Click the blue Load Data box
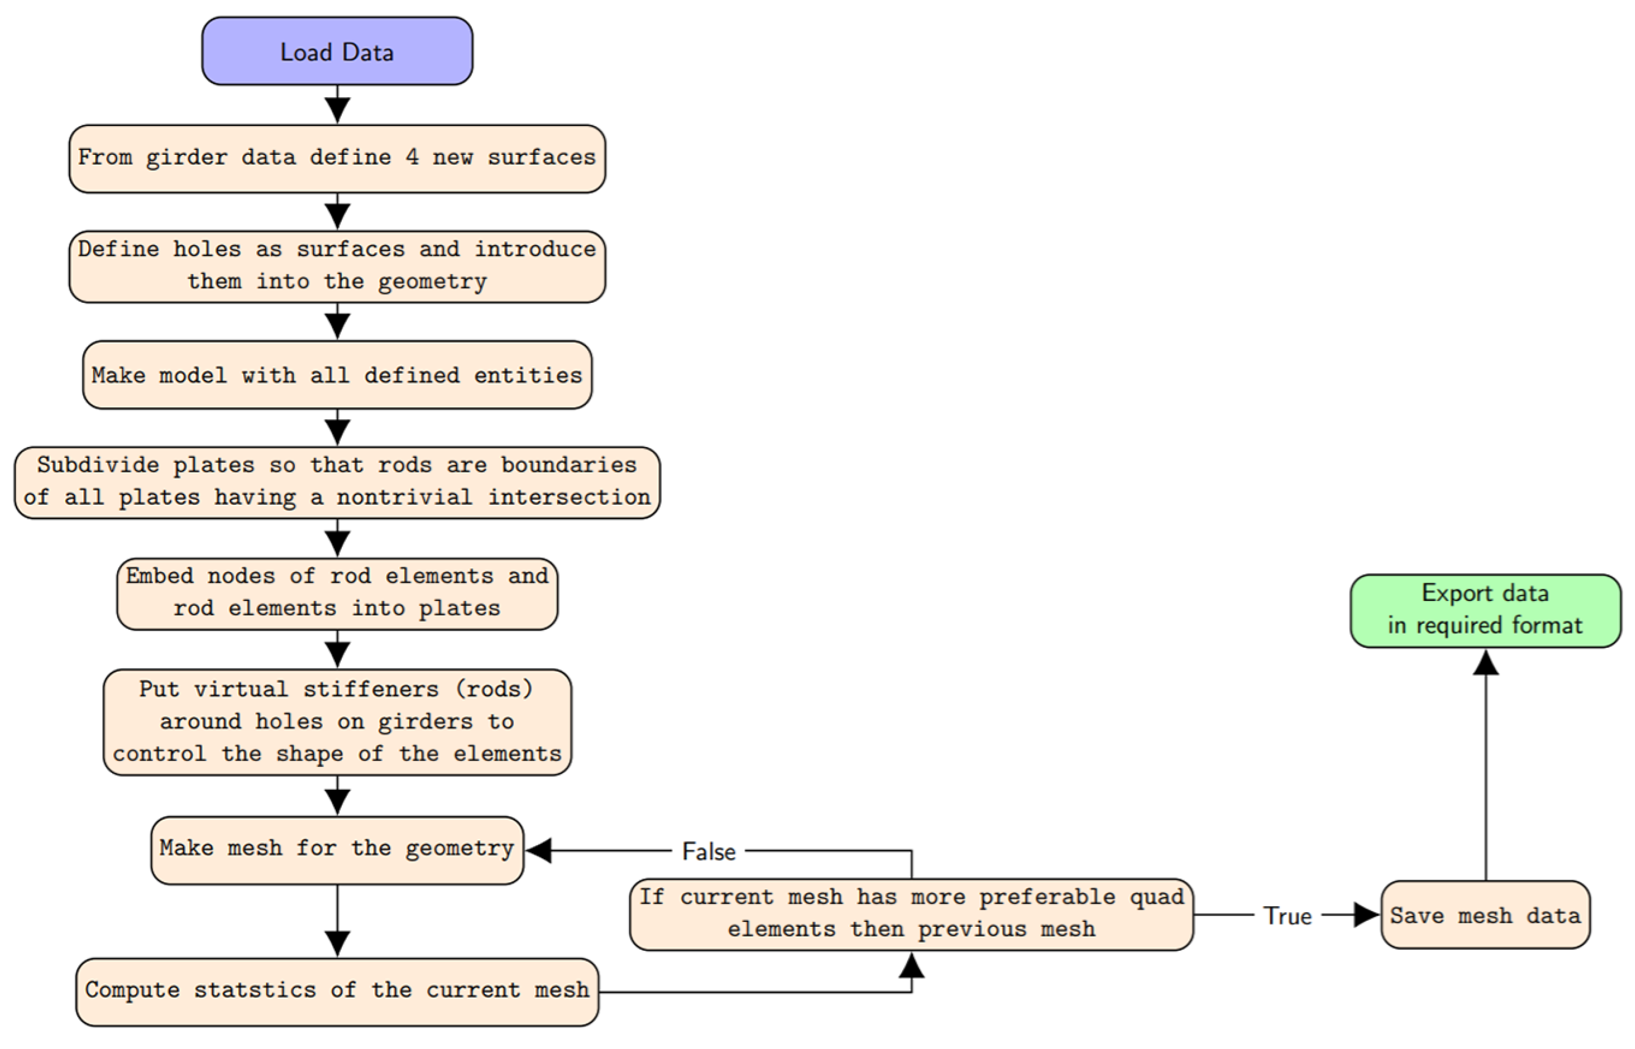point(337,52)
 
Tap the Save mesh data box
point(1485,915)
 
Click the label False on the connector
point(708,851)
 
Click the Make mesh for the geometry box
point(337,850)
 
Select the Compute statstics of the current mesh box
point(337,991)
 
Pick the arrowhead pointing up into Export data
point(1485,662)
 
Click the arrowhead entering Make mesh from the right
point(539,851)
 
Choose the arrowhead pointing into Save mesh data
point(1366,915)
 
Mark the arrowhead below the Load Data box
point(337,109)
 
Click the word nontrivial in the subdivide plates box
point(405,497)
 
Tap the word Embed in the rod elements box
point(159,576)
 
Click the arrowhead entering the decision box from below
point(912,965)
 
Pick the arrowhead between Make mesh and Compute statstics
point(337,943)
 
